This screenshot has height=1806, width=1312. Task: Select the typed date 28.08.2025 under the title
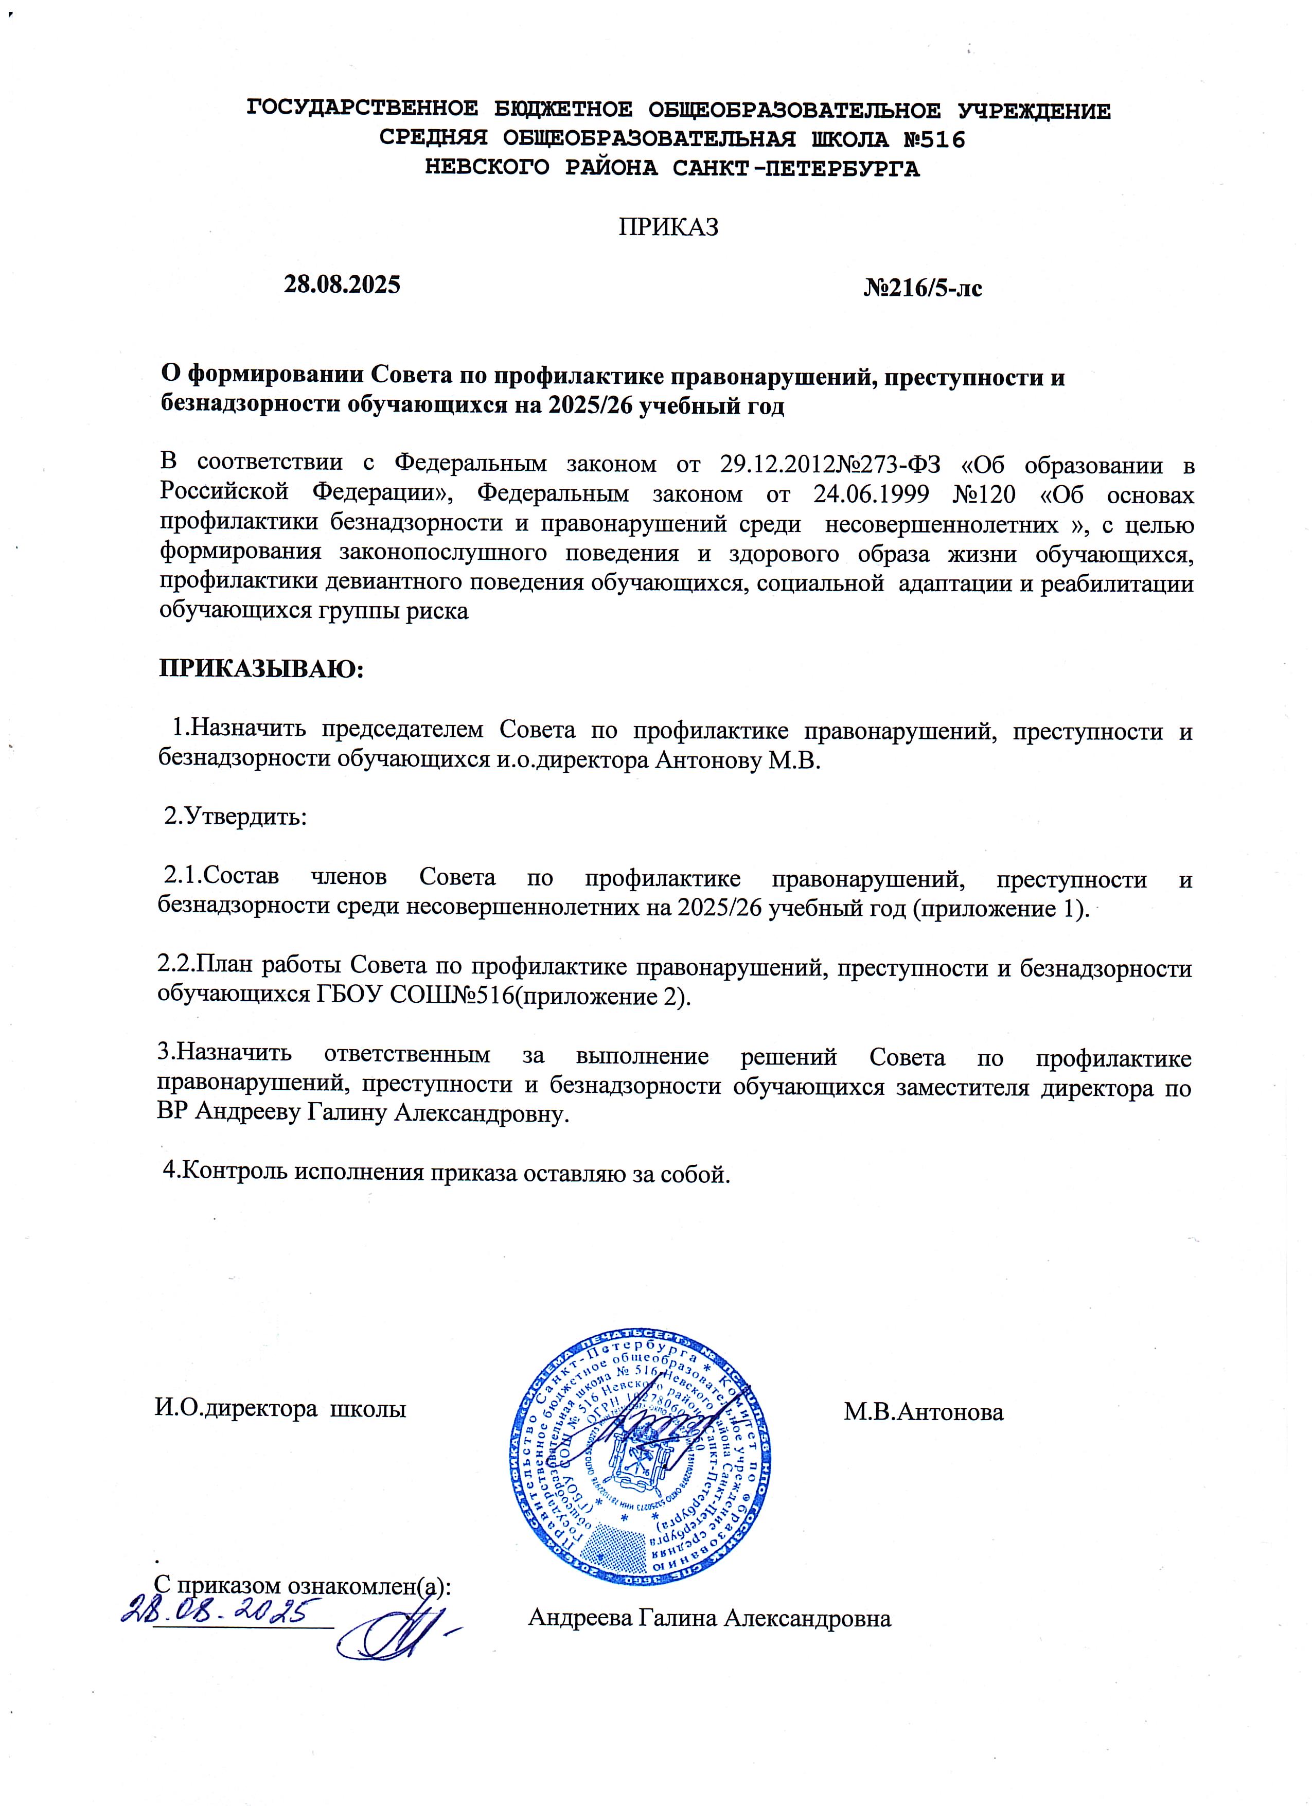pyautogui.click(x=342, y=284)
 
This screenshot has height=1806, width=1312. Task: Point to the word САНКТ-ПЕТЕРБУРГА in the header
pyautogui.click(x=795, y=169)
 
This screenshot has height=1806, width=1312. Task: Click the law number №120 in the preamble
pyautogui.click(x=984, y=494)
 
